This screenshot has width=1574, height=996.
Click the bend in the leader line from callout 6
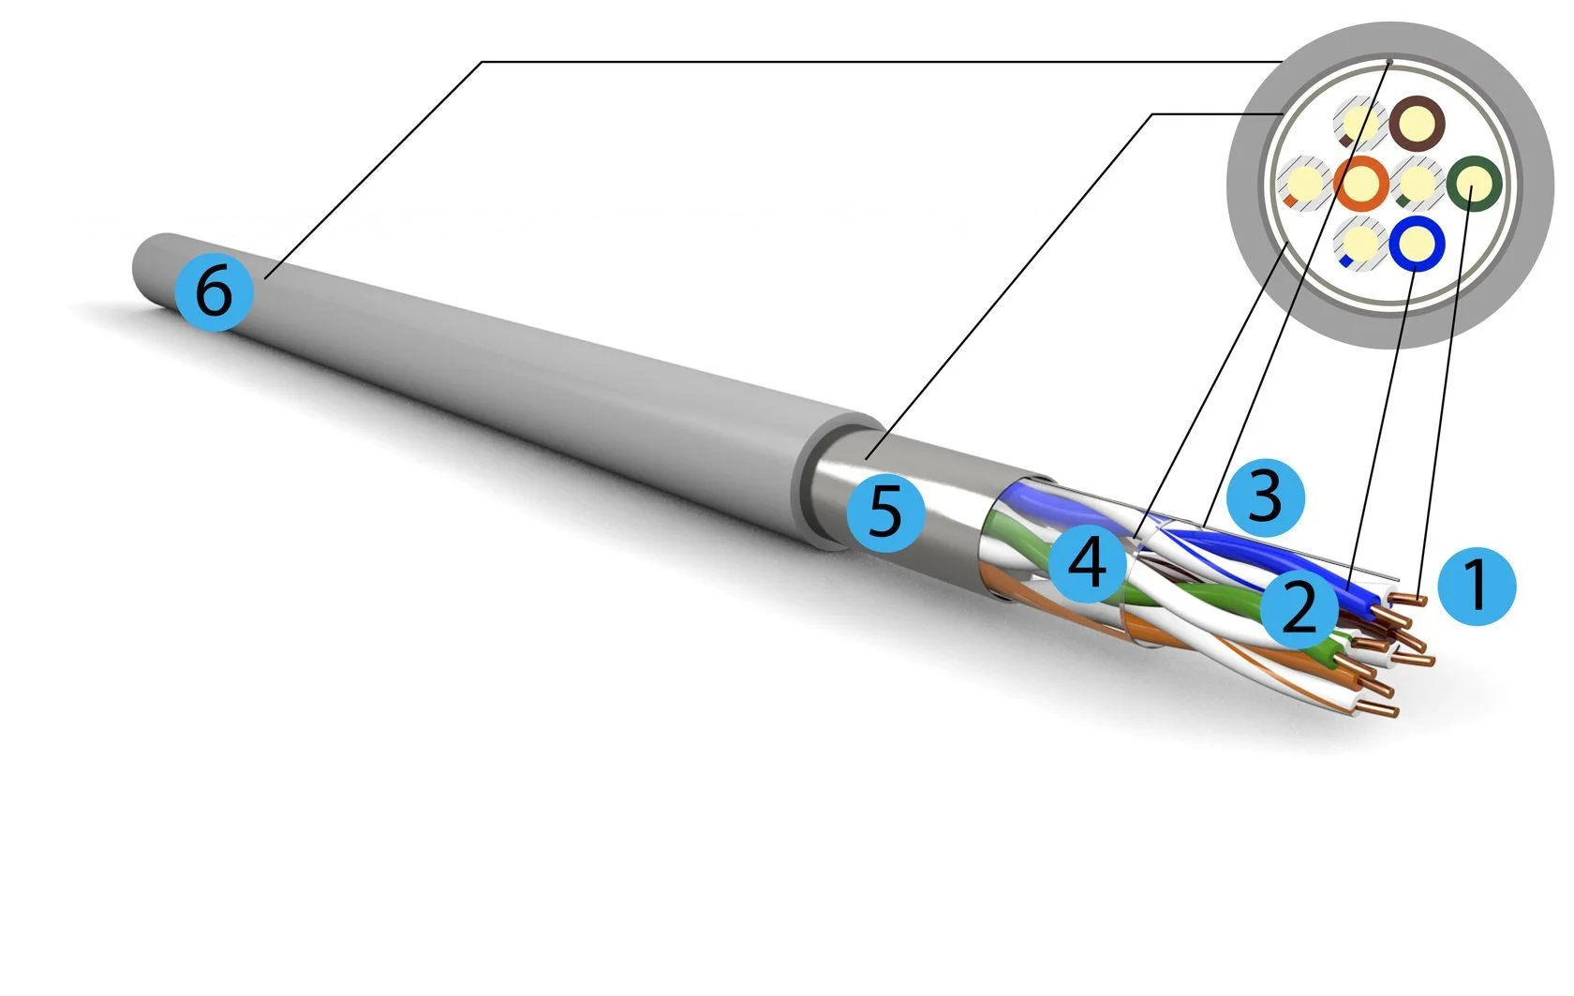pos(482,63)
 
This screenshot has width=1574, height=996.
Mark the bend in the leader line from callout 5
pos(1152,114)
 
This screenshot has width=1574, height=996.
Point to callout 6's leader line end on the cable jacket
pos(266,278)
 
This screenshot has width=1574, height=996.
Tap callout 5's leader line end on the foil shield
pos(868,460)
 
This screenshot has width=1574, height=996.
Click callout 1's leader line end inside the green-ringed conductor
pos(1471,187)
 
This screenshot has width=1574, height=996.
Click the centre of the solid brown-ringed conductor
pos(1417,124)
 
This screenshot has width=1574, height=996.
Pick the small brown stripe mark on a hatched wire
pos(1346,141)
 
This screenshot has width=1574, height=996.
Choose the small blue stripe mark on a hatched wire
pos(1345,261)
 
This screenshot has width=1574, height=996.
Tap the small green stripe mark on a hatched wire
pos(1403,201)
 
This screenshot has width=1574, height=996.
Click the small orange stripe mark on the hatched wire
pos(1290,201)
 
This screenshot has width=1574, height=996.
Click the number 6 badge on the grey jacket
pos(214,291)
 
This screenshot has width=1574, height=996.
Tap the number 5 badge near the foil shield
pos(885,512)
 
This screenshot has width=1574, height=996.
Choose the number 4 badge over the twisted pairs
pos(1087,563)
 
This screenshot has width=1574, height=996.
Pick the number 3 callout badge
pos(1266,498)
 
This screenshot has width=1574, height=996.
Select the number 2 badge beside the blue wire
pos(1299,609)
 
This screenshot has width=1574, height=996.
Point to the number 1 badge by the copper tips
pos(1477,587)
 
